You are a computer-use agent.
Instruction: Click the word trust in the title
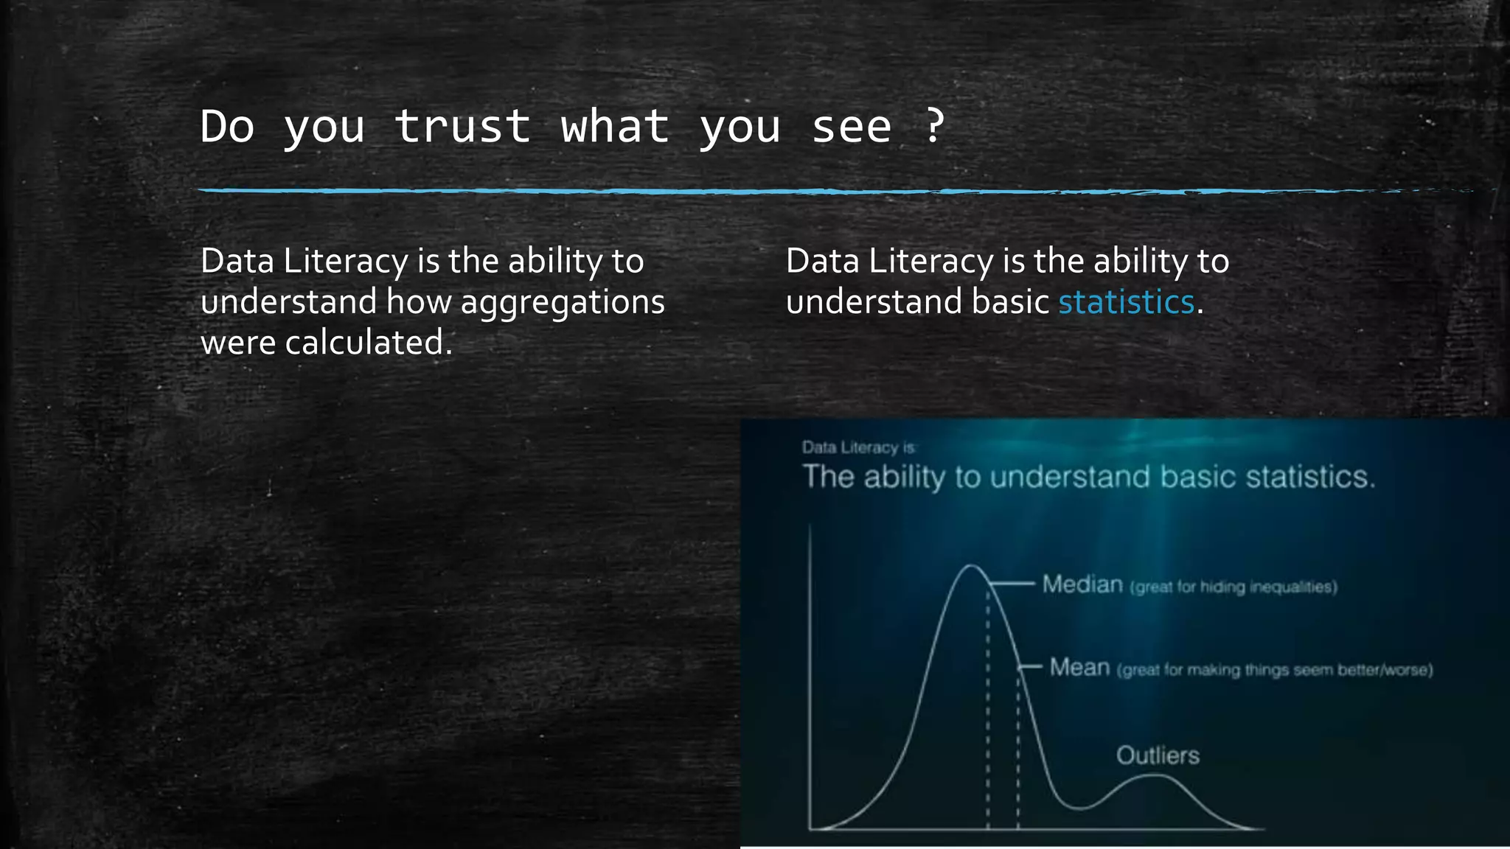[462, 126]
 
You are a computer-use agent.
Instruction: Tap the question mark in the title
[934, 126]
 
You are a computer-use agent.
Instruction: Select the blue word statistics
[1126, 302]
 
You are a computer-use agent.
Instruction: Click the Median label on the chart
[1082, 584]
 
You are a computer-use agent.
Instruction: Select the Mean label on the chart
[1079, 668]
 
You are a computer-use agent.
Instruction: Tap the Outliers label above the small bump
[1158, 755]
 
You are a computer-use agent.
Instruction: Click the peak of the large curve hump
[972, 567]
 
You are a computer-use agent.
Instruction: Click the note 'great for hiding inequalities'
[1233, 587]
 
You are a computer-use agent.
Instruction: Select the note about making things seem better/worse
[1275, 671]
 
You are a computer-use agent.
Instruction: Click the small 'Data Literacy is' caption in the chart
[859, 447]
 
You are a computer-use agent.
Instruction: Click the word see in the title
[852, 126]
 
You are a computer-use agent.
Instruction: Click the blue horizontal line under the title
[737, 191]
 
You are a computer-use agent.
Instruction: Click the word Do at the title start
[227, 126]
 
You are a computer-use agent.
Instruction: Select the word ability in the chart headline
[904, 478]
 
